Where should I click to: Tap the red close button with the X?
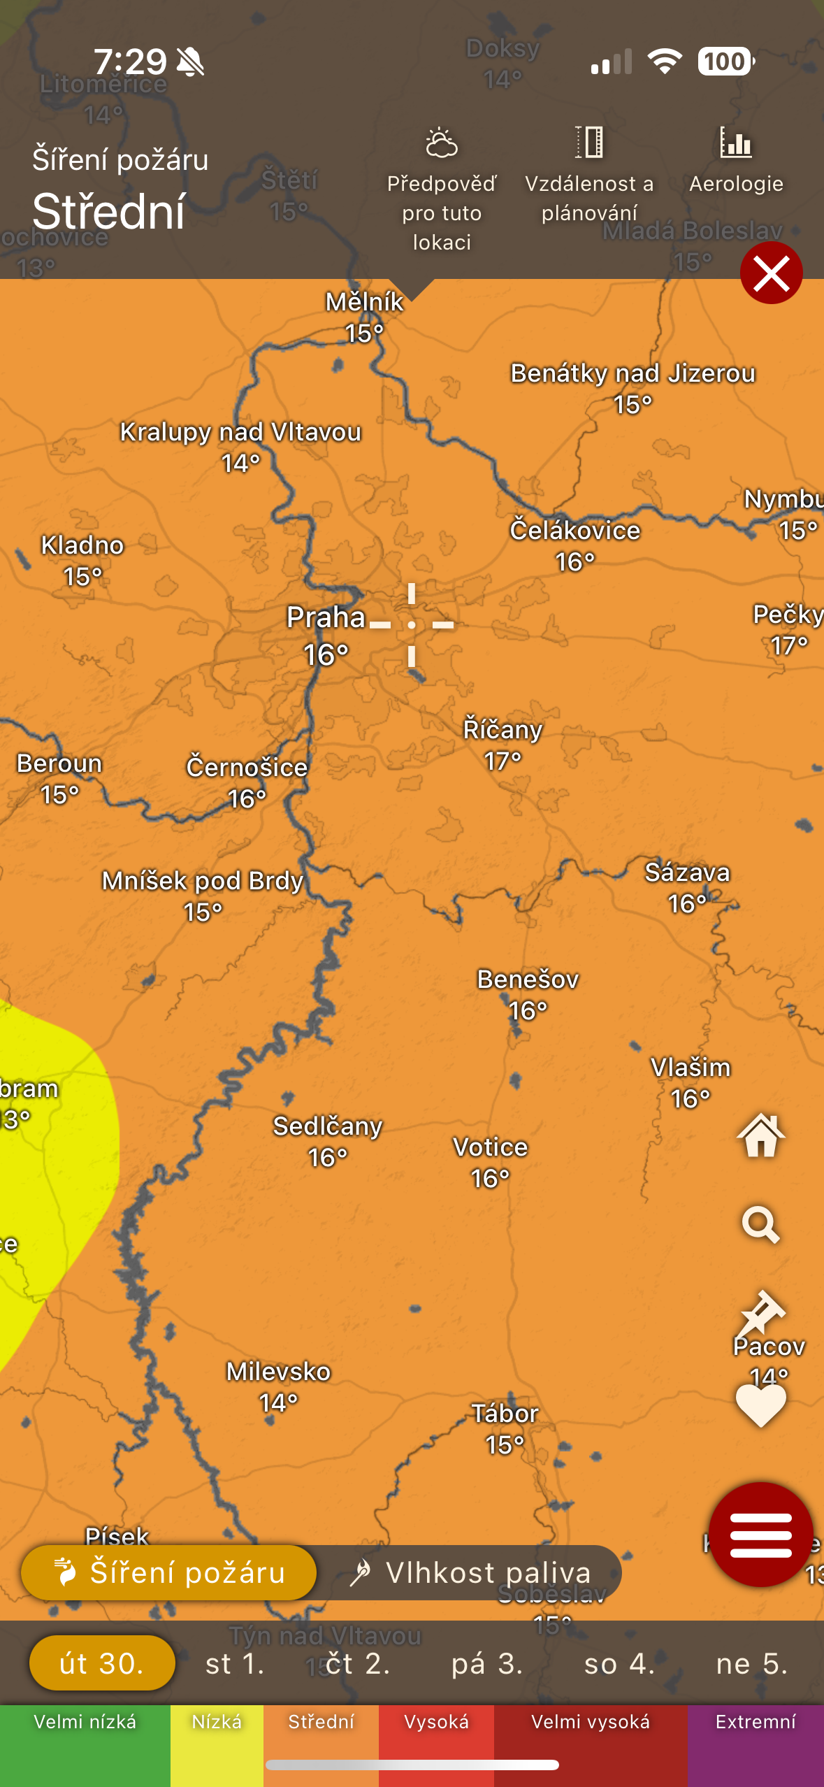coord(771,273)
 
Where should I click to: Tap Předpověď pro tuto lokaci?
coord(442,189)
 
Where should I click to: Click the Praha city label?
coord(326,618)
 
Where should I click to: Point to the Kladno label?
coord(82,545)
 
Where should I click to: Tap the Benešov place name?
coord(528,979)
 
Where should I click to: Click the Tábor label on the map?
coord(505,1414)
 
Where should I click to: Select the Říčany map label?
coord(503,730)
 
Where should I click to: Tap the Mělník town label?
coord(364,302)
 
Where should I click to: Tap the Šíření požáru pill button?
coord(169,1573)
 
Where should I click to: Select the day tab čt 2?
coord(357,1664)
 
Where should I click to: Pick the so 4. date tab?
coord(619,1664)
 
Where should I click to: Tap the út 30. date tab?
coord(102,1664)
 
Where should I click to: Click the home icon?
coord(760,1135)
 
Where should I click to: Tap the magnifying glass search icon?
coord(760,1224)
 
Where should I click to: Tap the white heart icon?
coord(760,1405)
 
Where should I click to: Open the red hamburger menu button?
coord(760,1535)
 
